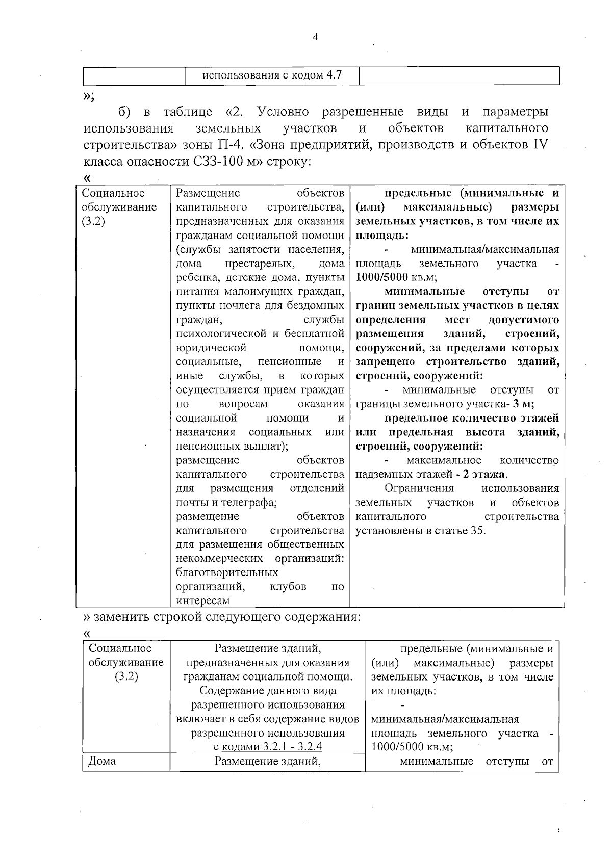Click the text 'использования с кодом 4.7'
[272, 75]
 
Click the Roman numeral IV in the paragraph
[540, 144]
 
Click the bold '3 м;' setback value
[523, 404]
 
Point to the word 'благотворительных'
[227, 572]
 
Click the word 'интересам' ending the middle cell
[202, 600]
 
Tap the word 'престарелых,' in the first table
[260, 264]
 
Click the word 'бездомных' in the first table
[319, 306]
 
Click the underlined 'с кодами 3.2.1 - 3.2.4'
[267, 747]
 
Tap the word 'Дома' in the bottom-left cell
[102, 762]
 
